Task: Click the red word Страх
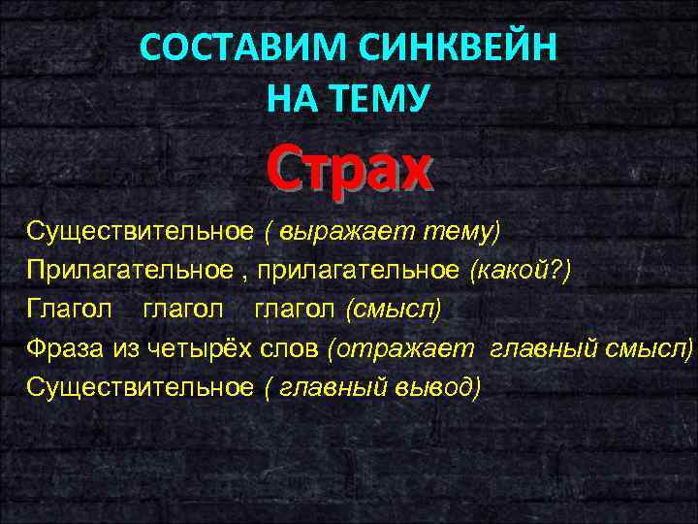click(x=347, y=169)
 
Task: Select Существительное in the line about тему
click(x=141, y=232)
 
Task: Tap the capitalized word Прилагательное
click(x=128, y=270)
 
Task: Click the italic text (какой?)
click(x=521, y=270)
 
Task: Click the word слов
click(x=293, y=347)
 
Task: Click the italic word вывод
click(x=437, y=386)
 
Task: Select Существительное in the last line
click(x=141, y=386)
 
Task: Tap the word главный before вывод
click(x=333, y=386)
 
